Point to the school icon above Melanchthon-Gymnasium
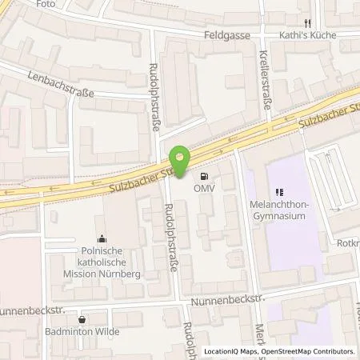(280, 191)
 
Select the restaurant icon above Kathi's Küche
(306, 23)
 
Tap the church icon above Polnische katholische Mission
(101, 238)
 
